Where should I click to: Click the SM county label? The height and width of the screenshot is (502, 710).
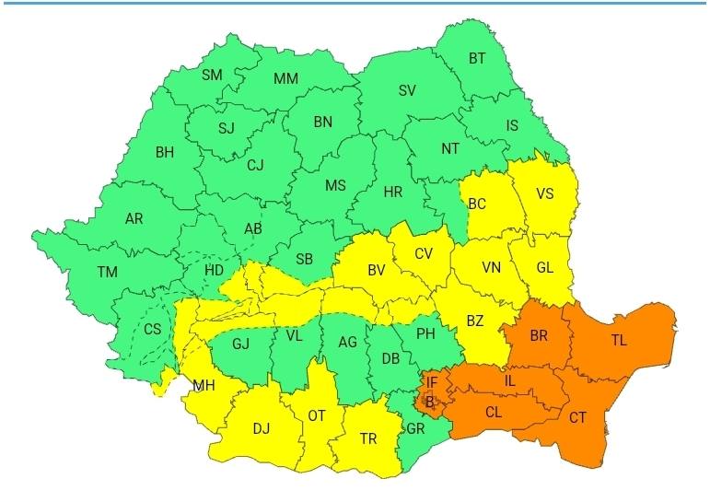pyautogui.click(x=212, y=75)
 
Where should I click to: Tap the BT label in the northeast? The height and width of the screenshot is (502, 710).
pyautogui.click(x=477, y=58)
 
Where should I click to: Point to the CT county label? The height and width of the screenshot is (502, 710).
pyautogui.click(x=577, y=417)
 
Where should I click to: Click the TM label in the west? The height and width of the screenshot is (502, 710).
pyautogui.click(x=108, y=272)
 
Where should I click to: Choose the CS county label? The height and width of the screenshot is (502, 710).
pyautogui.click(x=152, y=330)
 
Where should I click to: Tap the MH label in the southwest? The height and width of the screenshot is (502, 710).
pyautogui.click(x=204, y=385)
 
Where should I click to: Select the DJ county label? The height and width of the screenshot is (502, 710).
pyautogui.click(x=262, y=427)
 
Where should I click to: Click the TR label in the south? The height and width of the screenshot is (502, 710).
pyautogui.click(x=368, y=439)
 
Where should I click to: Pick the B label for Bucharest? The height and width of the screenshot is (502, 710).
pyautogui.click(x=429, y=401)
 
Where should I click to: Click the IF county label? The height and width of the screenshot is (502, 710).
pyautogui.click(x=431, y=380)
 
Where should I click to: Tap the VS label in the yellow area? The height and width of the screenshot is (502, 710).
pyautogui.click(x=545, y=194)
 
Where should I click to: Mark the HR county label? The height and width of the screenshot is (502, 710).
pyautogui.click(x=393, y=192)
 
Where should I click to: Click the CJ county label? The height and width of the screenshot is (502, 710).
pyautogui.click(x=255, y=165)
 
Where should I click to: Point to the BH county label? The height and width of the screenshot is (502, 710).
pyautogui.click(x=165, y=152)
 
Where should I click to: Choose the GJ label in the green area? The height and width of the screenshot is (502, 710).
pyautogui.click(x=241, y=344)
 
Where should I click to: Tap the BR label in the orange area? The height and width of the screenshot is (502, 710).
pyautogui.click(x=539, y=336)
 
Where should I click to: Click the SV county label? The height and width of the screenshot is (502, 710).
pyautogui.click(x=406, y=90)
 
